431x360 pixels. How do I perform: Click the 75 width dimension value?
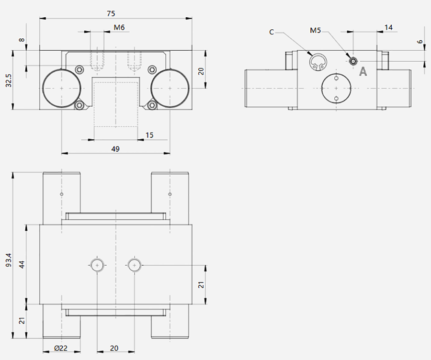coord(111,13)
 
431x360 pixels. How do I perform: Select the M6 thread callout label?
coord(119,27)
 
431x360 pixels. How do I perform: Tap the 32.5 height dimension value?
coord(9,80)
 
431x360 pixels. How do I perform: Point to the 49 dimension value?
coord(115,149)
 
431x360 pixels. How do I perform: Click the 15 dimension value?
coord(149,135)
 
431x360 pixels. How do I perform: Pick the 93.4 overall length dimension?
coord(9,259)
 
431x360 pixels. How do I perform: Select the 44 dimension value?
coord(22,264)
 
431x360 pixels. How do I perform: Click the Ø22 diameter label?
coord(61,349)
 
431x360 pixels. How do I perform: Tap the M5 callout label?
coord(315,30)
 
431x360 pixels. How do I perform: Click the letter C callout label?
coord(272,33)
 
